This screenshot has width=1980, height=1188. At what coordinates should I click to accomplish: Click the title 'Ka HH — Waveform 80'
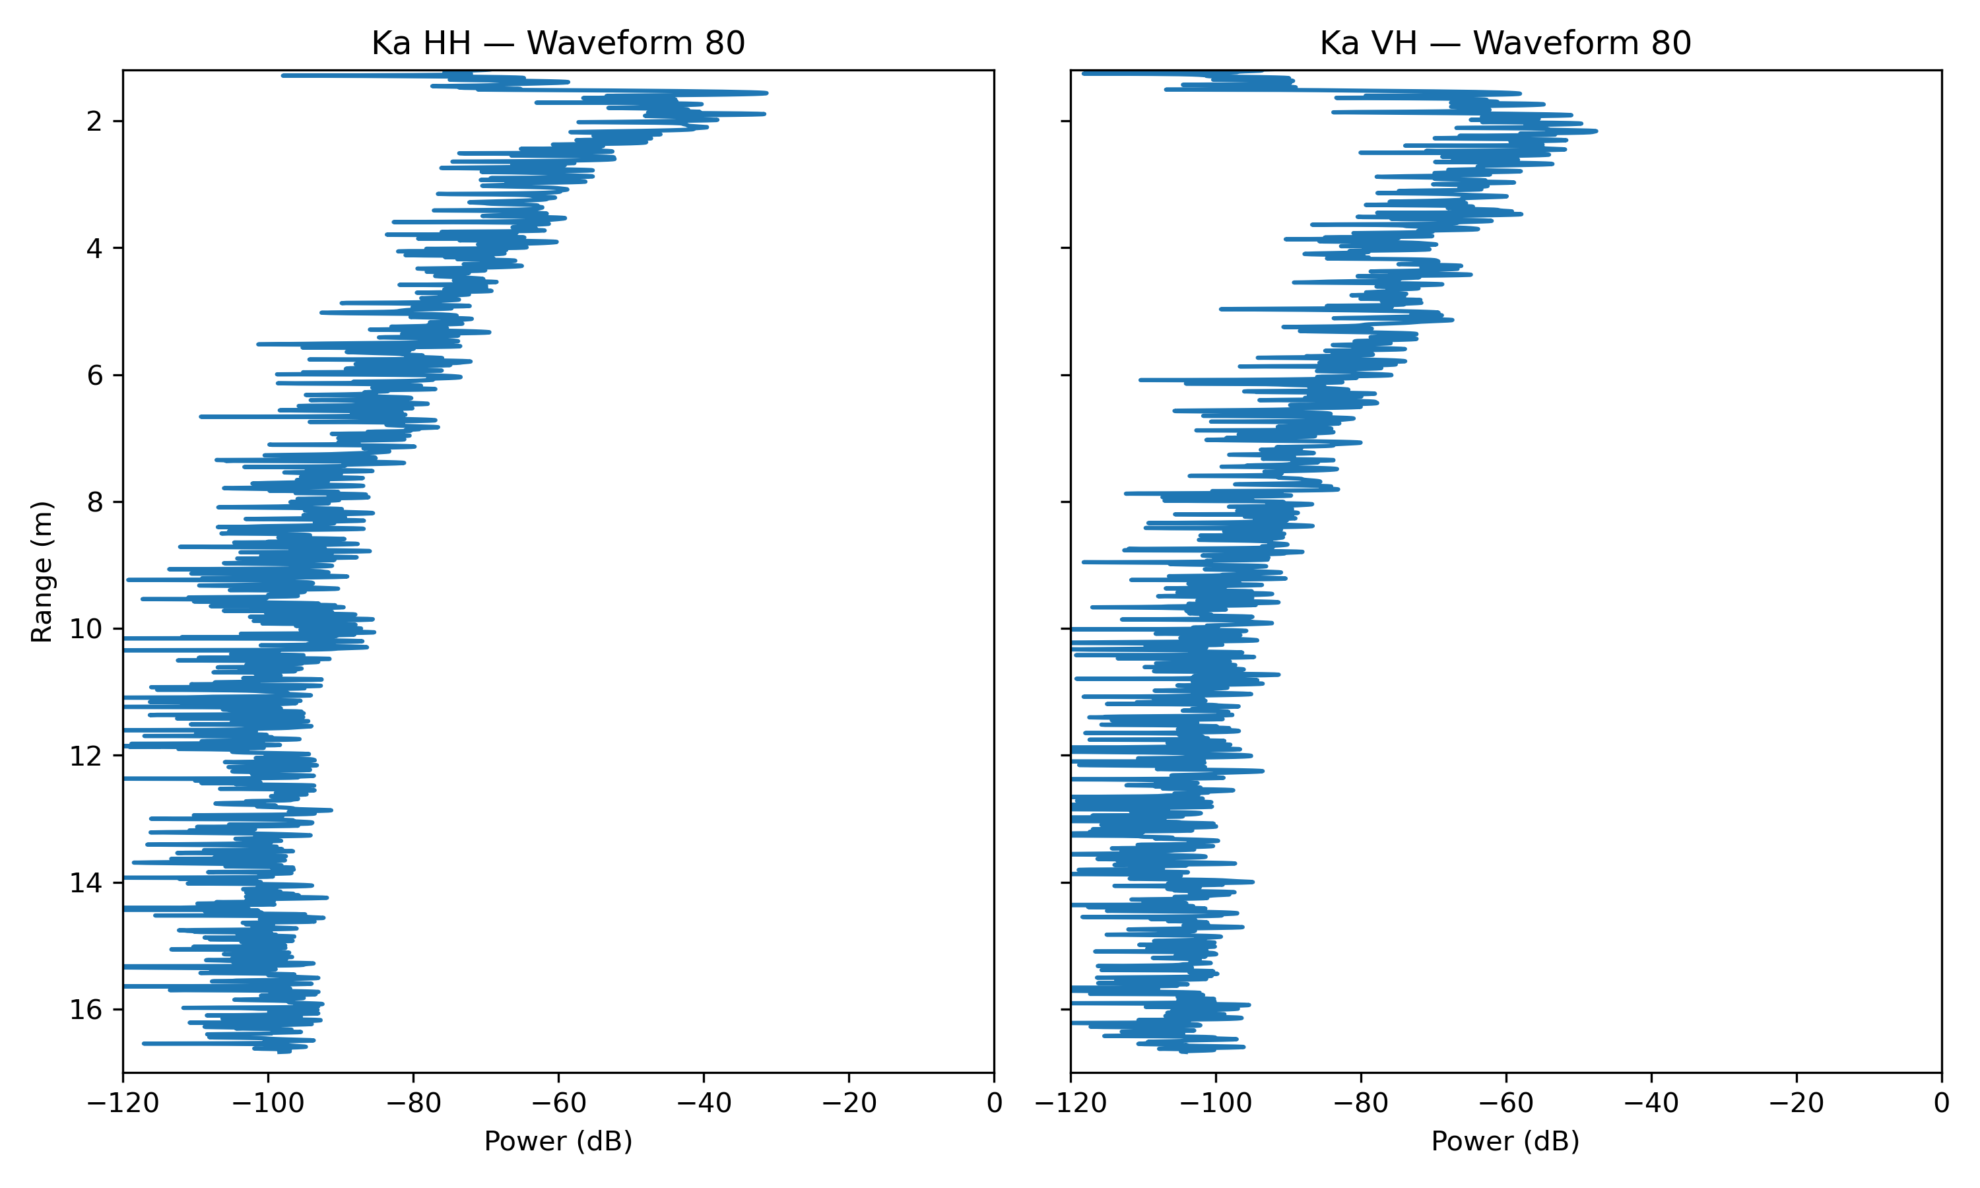pos(558,43)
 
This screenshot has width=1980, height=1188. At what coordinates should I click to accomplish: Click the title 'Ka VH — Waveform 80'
pos(1505,43)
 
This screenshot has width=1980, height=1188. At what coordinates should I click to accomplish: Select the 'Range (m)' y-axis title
pos(42,572)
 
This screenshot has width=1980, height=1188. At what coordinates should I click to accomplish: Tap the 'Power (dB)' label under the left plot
pos(558,1142)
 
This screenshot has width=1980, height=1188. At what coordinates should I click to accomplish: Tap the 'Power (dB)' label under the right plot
pos(1505,1142)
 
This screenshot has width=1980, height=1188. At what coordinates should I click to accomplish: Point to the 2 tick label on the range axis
pos(95,121)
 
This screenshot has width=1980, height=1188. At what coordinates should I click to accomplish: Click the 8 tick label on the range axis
pos(95,502)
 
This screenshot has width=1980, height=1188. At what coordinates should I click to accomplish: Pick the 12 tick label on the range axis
pos(86,756)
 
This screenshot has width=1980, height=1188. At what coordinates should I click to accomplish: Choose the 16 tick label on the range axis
pos(86,1010)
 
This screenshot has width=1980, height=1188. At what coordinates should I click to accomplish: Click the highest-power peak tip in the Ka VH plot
pos(1596,131)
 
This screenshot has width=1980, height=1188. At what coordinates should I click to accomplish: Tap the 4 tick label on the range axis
pos(95,248)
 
